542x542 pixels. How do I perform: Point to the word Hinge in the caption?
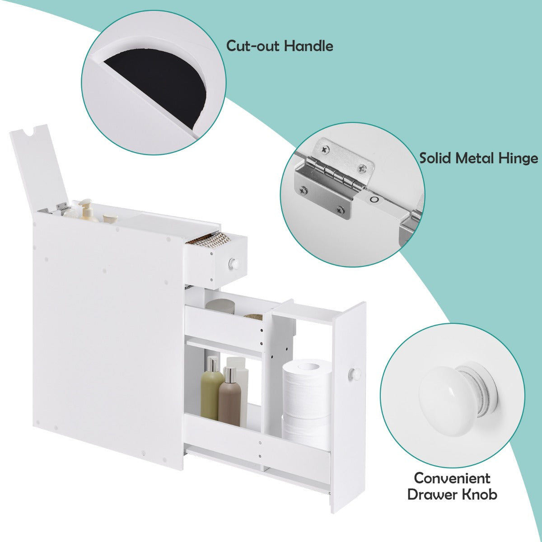click(518, 159)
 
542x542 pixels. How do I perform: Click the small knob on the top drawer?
click(234, 262)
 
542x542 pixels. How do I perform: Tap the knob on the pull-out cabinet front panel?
click(353, 373)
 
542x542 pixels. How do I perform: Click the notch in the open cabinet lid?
click(31, 133)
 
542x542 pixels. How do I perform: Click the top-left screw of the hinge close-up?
click(324, 148)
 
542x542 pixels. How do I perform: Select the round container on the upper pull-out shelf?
click(220, 306)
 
